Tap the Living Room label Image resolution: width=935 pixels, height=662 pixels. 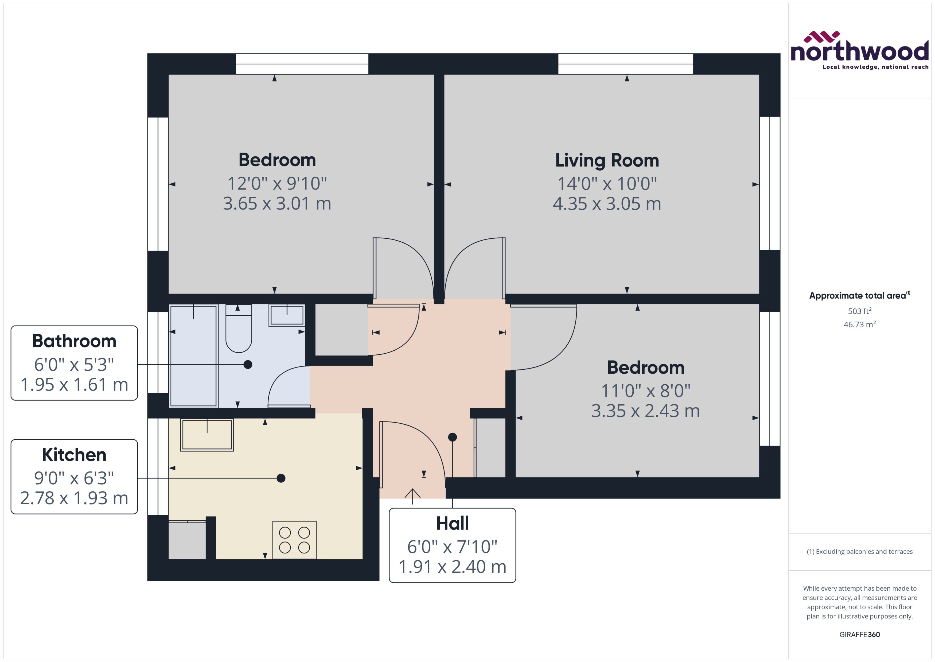pyautogui.click(x=607, y=160)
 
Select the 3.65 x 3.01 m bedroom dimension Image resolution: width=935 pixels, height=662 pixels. pyautogui.click(x=277, y=203)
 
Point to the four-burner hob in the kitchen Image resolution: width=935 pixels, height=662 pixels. pyautogui.click(x=294, y=540)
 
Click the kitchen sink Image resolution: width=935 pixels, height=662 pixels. pyautogui.click(x=207, y=435)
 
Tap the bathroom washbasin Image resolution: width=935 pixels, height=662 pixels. pyautogui.click(x=287, y=315)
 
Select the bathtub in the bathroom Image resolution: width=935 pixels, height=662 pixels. pyautogui.click(x=193, y=356)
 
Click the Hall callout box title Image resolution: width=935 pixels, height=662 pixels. pyautogui.click(x=452, y=523)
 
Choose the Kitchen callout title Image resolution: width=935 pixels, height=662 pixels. pyautogui.click(x=74, y=455)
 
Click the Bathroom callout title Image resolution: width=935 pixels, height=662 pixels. pyautogui.click(x=74, y=341)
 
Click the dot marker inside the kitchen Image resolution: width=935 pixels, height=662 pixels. pyautogui.click(x=281, y=478)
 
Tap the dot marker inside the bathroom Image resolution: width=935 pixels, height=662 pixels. pyautogui.click(x=248, y=365)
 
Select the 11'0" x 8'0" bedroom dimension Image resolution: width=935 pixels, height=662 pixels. pyautogui.click(x=645, y=391)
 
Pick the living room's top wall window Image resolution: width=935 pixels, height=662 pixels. pyautogui.click(x=625, y=64)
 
